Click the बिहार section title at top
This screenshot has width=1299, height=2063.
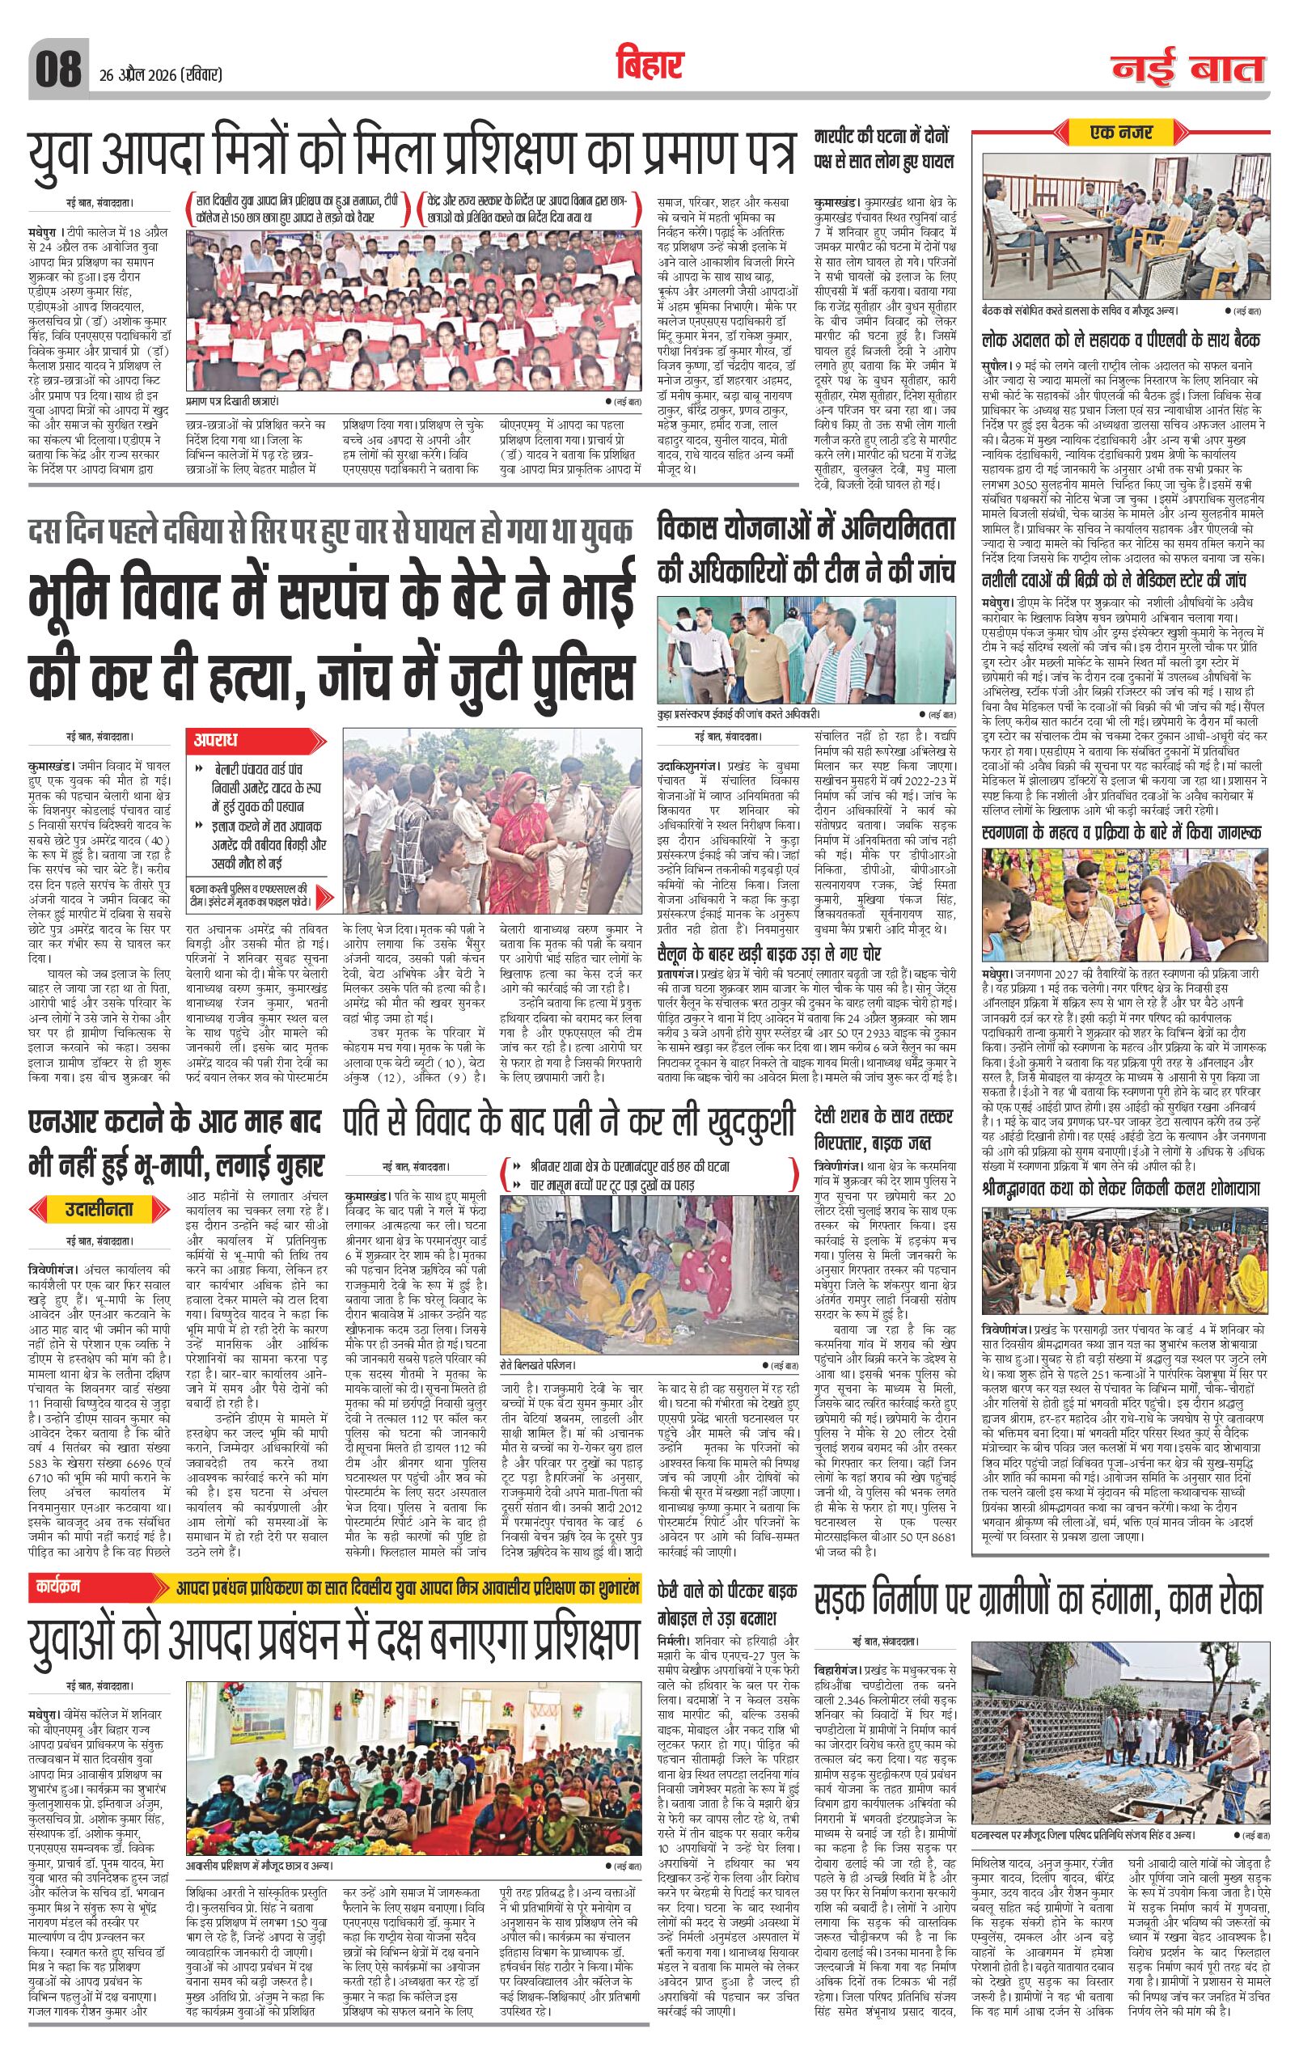coord(649,66)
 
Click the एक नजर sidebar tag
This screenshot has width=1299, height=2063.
coord(1121,133)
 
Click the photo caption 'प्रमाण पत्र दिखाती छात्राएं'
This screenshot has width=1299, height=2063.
coord(233,399)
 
